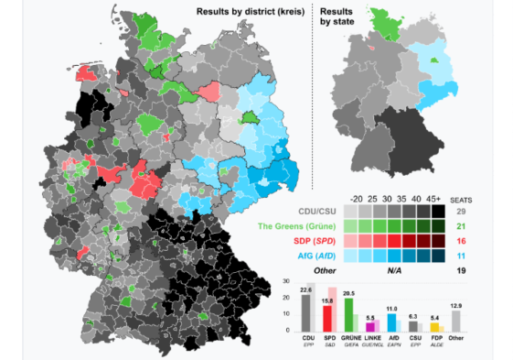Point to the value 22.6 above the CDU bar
(x=306, y=287)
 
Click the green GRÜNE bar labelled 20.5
(x=348, y=314)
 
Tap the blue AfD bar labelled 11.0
(x=392, y=322)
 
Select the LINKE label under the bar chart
(x=371, y=338)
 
